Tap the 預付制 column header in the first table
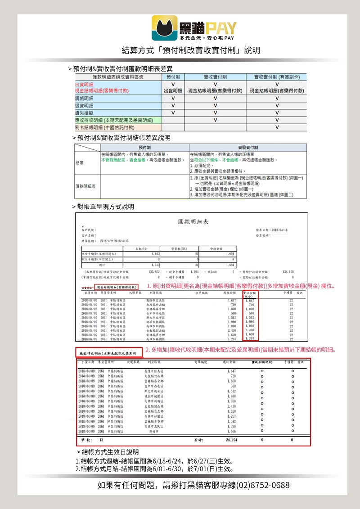coord(173,77)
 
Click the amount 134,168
coord(288,272)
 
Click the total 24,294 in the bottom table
coord(231,439)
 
